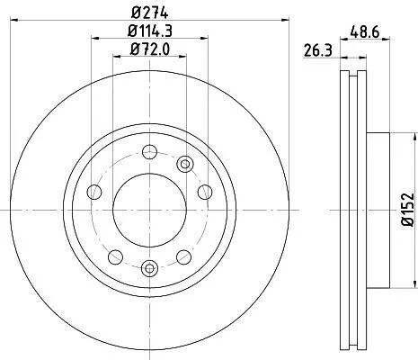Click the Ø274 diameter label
pyautogui.click(x=150, y=13)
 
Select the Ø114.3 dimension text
pyautogui.click(x=150, y=31)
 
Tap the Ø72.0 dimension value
pyautogui.click(x=150, y=49)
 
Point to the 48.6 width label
pyautogui.click(x=365, y=31)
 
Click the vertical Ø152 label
pyautogui.click(x=408, y=209)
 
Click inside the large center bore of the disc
pyautogui.click(x=149, y=210)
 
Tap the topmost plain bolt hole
pyautogui.click(x=149, y=152)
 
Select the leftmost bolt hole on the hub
pyautogui.click(x=94, y=192)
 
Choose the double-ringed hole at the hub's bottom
pyautogui.click(x=149, y=268)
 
